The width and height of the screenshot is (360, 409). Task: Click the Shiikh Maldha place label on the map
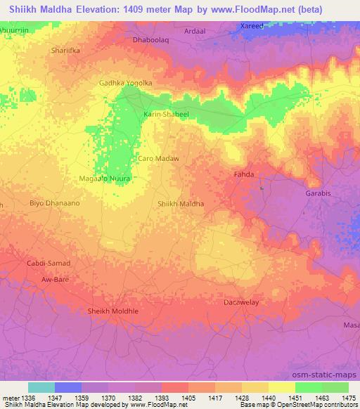(x=181, y=204)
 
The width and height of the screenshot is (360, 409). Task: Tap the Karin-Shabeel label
(x=167, y=113)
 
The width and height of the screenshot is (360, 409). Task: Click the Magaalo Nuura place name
(x=105, y=178)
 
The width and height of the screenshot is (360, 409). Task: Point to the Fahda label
(x=243, y=174)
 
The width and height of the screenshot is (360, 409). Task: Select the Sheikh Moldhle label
(x=112, y=311)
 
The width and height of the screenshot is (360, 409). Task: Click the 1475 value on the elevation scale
(x=348, y=398)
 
